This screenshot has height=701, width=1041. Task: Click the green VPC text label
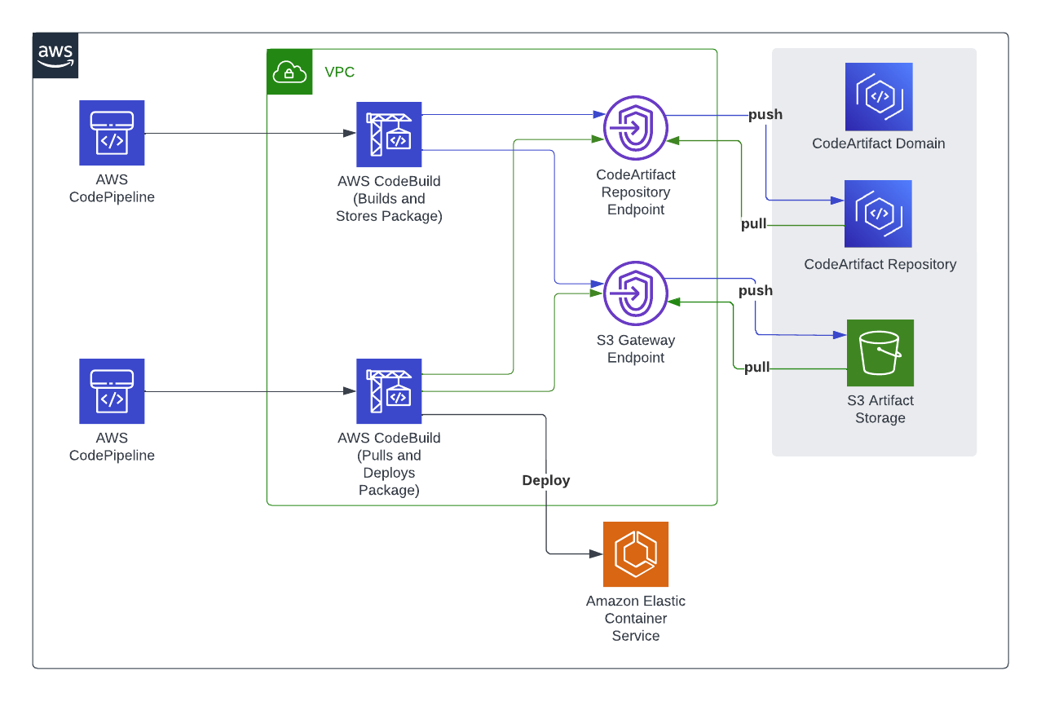click(x=340, y=73)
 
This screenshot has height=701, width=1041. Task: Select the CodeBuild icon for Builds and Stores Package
click(x=390, y=134)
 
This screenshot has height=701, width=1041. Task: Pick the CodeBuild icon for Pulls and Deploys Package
click(x=390, y=391)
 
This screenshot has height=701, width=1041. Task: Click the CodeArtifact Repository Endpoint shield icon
click(x=636, y=128)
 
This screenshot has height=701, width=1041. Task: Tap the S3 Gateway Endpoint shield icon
click(x=636, y=293)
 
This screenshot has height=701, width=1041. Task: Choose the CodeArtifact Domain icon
click(x=879, y=97)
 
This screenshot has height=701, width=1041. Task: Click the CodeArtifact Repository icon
click(x=879, y=214)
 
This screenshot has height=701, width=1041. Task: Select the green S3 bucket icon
click(x=880, y=353)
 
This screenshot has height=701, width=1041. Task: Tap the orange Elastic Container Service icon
click(x=636, y=554)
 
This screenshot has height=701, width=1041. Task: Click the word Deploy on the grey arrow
click(x=546, y=481)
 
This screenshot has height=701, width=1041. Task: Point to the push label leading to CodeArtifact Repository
click(x=765, y=115)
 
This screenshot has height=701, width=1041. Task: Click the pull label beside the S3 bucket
click(x=756, y=368)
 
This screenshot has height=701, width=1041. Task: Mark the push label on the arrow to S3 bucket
click(x=755, y=291)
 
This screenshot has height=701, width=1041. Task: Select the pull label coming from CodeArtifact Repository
click(x=753, y=224)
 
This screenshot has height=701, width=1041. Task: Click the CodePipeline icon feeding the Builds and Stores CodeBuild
click(x=112, y=134)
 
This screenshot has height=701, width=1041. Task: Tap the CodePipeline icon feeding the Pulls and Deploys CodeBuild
click(x=112, y=391)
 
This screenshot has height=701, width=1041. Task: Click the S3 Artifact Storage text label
click(x=880, y=409)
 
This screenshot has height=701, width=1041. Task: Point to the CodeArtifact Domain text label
click(x=879, y=143)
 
